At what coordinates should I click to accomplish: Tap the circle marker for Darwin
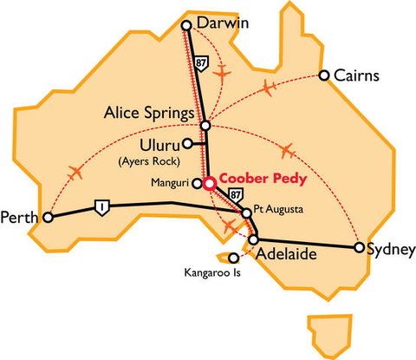click(x=185, y=26)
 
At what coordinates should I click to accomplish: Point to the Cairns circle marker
click(x=324, y=75)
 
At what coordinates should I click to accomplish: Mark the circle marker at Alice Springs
click(x=205, y=126)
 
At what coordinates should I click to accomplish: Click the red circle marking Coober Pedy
click(x=208, y=183)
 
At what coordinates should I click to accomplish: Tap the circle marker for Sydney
click(x=359, y=247)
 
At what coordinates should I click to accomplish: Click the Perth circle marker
click(x=48, y=218)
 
